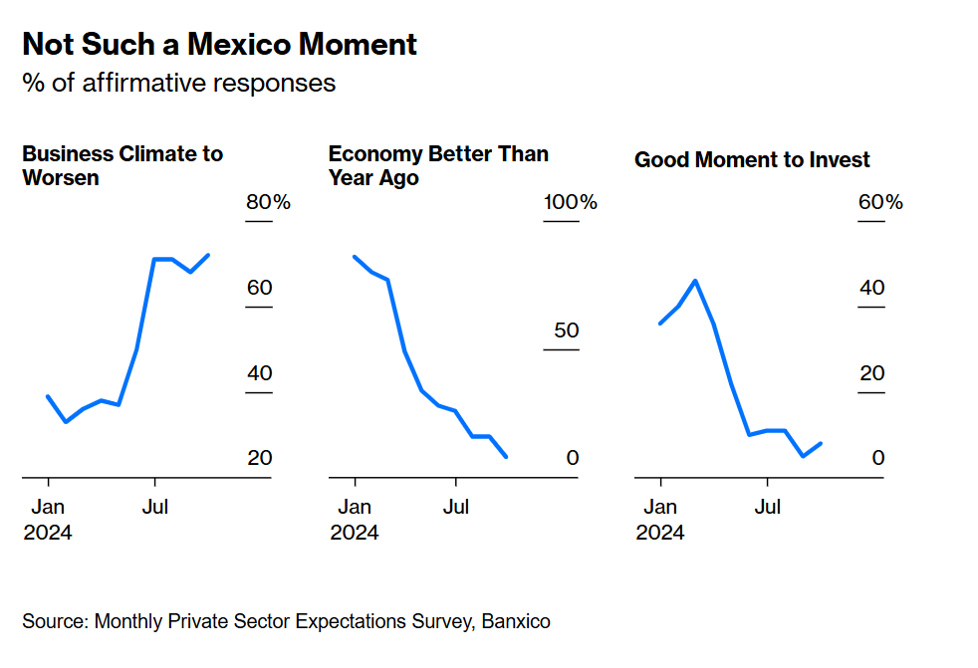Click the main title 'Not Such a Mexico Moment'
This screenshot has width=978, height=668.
[219, 45]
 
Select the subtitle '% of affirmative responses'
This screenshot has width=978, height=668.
[179, 83]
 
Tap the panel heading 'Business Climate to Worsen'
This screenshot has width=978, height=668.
[122, 166]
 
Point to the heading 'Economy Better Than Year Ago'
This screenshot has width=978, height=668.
[438, 166]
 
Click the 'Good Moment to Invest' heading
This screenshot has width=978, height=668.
[752, 160]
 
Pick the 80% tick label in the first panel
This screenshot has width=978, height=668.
[268, 203]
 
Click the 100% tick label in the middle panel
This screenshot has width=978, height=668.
[570, 203]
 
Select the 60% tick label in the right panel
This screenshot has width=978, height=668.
[879, 203]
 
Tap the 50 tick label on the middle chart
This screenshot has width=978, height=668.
[566, 331]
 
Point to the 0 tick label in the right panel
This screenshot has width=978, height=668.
[877, 458]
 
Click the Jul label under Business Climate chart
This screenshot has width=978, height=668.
[154, 507]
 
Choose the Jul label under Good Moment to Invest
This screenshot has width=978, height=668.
[767, 507]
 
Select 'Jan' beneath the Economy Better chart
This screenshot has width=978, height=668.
[355, 507]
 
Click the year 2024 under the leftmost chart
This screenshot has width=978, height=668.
[48, 533]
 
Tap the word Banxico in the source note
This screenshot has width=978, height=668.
[516, 621]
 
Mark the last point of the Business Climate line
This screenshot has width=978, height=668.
[208, 255]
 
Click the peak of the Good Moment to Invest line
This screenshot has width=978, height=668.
[695, 281]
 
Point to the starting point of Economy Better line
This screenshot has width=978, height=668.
[355, 257]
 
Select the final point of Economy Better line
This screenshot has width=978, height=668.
[507, 457]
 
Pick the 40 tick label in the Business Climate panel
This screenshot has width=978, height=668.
[259, 373]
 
